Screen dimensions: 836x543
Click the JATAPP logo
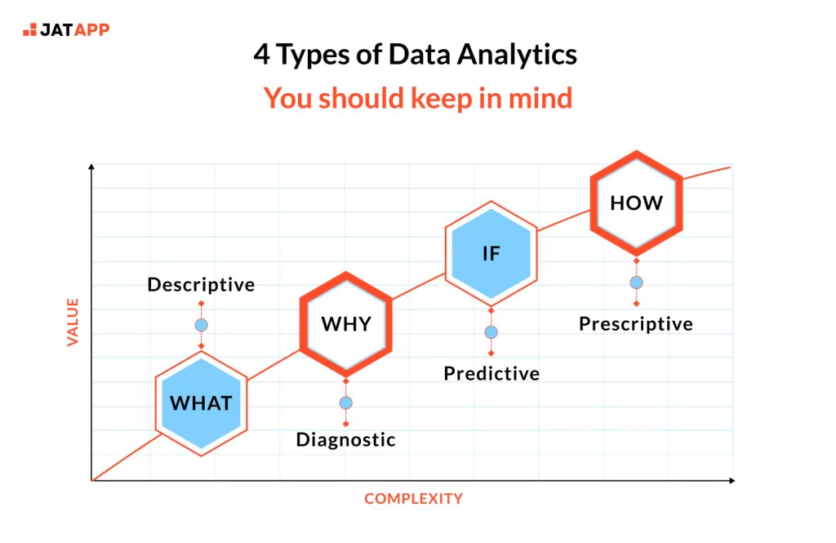pos(66,29)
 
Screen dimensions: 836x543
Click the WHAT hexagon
pos(202,403)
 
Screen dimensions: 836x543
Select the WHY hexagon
pos(346,324)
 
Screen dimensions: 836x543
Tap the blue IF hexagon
pos(491,253)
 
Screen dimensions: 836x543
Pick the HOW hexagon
pos(636,203)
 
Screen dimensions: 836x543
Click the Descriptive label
pos(201,285)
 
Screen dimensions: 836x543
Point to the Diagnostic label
pos(346,440)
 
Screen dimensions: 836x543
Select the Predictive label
pos(491,373)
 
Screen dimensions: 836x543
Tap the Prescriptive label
pos(636,324)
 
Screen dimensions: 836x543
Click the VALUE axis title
pos(73,323)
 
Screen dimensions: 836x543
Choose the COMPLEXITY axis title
pos(414,499)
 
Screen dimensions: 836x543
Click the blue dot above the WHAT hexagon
pos(202,325)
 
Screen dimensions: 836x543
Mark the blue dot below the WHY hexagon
pos(346,403)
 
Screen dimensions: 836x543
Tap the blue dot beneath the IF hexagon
pos(491,332)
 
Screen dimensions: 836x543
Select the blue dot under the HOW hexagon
pos(636,283)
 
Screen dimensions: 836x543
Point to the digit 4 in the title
pos(261,55)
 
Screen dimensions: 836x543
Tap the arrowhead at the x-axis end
pos(732,481)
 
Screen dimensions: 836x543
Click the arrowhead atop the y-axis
pos(91,167)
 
